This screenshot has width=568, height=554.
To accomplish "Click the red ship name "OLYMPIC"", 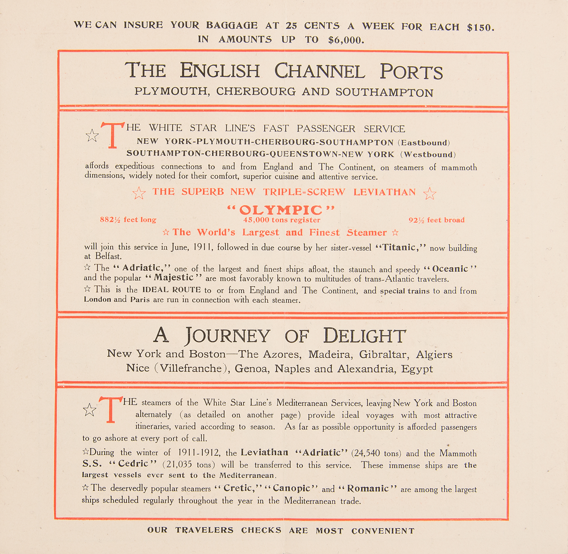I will pyautogui.click(x=281, y=210).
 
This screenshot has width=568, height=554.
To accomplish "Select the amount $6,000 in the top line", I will pyautogui.click(x=346, y=40).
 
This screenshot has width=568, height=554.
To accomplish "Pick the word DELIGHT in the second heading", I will pyautogui.click(x=364, y=336).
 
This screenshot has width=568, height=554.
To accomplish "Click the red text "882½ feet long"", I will pyautogui.click(x=128, y=220).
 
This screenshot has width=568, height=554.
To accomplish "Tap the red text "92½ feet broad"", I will pyautogui.click(x=436, y=220).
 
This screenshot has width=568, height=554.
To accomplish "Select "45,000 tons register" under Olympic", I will pyautogui.click(x=281, y=220).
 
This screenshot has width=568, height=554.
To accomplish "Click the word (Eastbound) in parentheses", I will pyautogui.click(x=424, y=143).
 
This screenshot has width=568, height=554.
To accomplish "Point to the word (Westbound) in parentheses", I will pyautogui.click(x=428, y=155).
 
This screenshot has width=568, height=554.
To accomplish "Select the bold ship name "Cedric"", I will pyautogui.click(x=133, y=463).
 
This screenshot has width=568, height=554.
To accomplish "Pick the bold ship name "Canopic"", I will pyautogui.click(x=291, y=489).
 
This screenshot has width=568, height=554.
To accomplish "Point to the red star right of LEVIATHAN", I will pyautogui.click(x=430, y=193).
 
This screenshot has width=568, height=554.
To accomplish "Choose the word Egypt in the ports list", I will pyautogui.click(x=417, y=369).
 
